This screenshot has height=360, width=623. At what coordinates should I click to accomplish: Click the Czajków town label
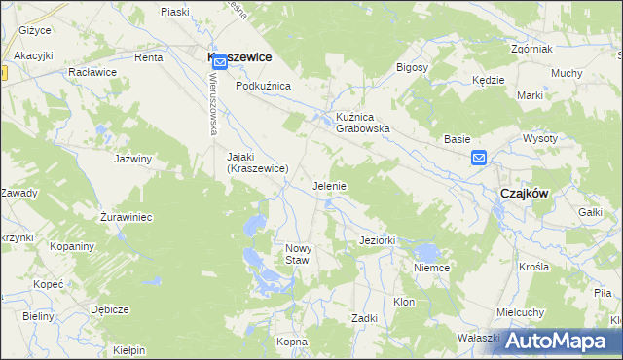[524, 193]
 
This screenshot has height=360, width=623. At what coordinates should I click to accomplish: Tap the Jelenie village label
[329, 185]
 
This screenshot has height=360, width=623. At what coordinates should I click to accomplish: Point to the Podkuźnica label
[263, 86]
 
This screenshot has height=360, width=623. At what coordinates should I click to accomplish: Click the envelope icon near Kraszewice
[220, 62]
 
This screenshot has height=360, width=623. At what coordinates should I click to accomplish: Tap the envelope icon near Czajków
[479, 158]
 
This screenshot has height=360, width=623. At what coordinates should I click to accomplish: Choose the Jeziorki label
[376, 239]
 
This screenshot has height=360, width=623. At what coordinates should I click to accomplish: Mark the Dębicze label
[109, 308]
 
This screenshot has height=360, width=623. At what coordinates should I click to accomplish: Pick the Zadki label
[364, 318]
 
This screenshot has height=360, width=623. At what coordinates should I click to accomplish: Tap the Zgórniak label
[531, 49]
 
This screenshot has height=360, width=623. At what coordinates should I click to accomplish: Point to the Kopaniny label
[73, 246]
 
